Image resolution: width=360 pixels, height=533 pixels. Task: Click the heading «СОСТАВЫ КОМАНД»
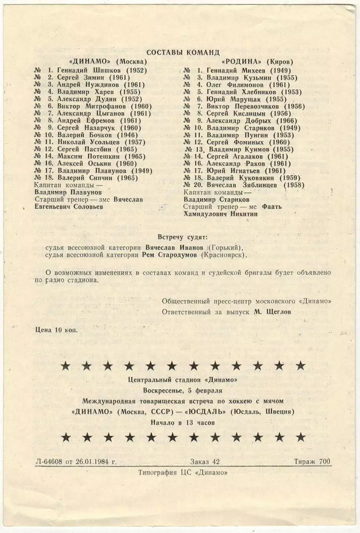coord(183,52)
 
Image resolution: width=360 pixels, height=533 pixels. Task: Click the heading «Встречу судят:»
coord(183,237)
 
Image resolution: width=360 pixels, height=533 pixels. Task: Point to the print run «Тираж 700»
coord(312,462)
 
